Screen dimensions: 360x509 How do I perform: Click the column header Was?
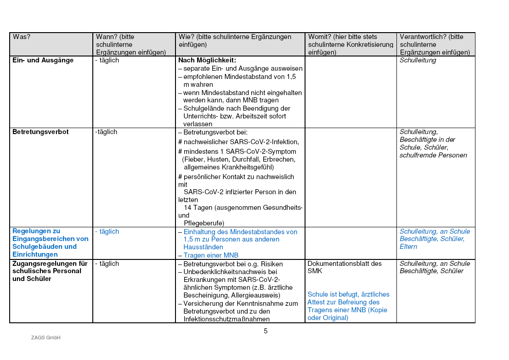pos(22,37)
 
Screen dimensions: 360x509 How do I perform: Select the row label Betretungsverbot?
pos(40,132)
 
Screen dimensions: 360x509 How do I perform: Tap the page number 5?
pos(266,331)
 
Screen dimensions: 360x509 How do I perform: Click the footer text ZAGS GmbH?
pos(46,338)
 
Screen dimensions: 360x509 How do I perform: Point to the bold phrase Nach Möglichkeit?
pos(207,60)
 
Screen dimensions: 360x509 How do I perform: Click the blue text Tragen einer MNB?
pos(211,255)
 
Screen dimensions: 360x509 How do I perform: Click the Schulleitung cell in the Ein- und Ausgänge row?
pos(418,60)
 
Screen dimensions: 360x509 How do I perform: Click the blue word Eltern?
pos(408,247)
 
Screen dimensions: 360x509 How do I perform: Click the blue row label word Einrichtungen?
pos(35,254)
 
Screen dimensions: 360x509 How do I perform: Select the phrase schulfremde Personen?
pos(433,155)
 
